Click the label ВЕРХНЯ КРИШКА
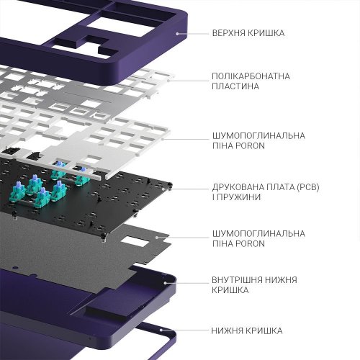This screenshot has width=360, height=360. [248, 33]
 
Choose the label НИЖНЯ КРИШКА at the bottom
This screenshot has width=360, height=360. [247, 330]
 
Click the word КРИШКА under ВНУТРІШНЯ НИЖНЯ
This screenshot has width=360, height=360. [231, 290]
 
